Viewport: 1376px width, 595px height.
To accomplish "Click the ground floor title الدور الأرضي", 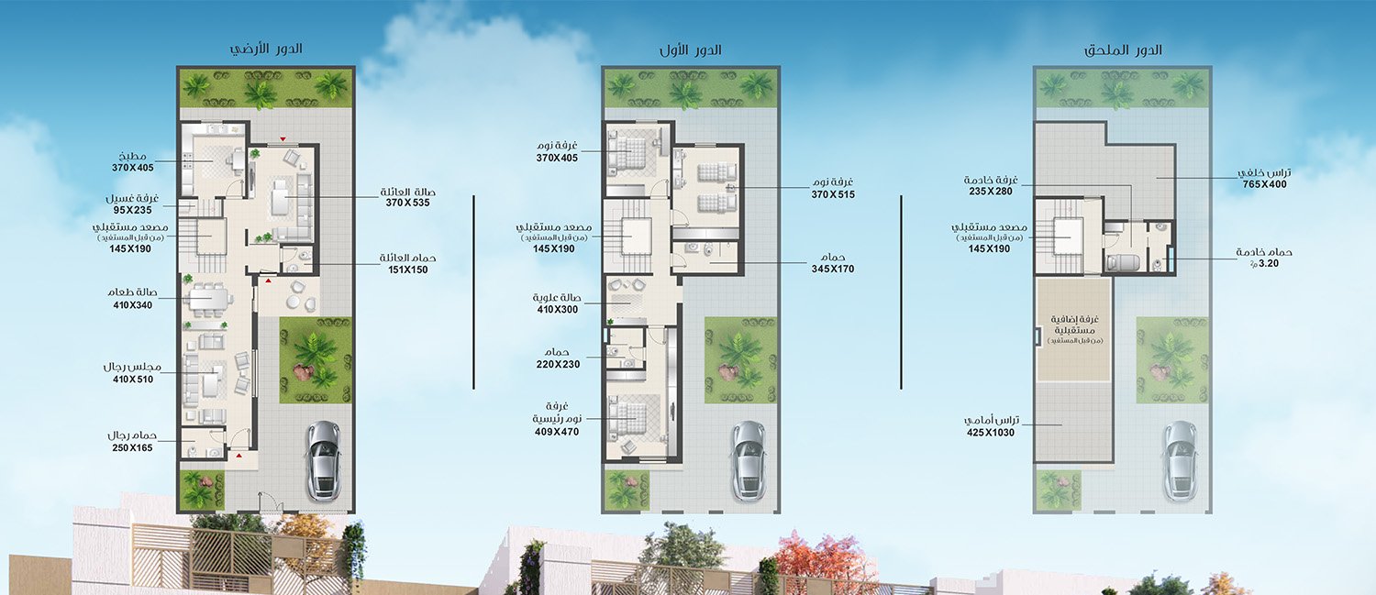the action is (266, 49).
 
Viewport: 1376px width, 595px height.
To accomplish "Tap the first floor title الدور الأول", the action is (691, 50).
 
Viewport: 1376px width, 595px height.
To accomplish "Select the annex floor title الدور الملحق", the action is (1123, 50).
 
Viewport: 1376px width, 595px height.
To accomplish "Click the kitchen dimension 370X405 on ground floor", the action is (133, 168).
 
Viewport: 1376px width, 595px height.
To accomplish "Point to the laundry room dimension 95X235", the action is (132, 210).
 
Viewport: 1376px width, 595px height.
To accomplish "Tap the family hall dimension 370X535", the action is (408, 203).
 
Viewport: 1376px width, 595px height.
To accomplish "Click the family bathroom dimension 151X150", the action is (408, 270).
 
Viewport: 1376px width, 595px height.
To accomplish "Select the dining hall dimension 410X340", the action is (133, 305).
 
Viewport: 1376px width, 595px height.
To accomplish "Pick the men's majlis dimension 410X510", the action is (133, 380).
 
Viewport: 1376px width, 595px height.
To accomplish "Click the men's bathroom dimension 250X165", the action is (132, 448).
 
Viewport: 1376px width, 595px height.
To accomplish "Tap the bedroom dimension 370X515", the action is (833, 194).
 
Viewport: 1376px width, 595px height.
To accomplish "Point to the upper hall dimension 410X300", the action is (557, 310).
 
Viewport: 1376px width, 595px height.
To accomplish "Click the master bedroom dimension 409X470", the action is (557, 432).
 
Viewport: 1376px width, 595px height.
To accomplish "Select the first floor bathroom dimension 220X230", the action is (558, 364).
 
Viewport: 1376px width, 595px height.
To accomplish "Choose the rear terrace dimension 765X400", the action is (1264, 184).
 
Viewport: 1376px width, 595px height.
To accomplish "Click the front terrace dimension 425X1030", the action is (991, 433).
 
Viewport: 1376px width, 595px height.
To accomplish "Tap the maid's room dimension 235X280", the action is (990, 192).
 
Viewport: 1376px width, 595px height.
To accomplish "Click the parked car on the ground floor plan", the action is (324, 460).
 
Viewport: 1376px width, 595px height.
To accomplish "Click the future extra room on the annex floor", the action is (1074, 330).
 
